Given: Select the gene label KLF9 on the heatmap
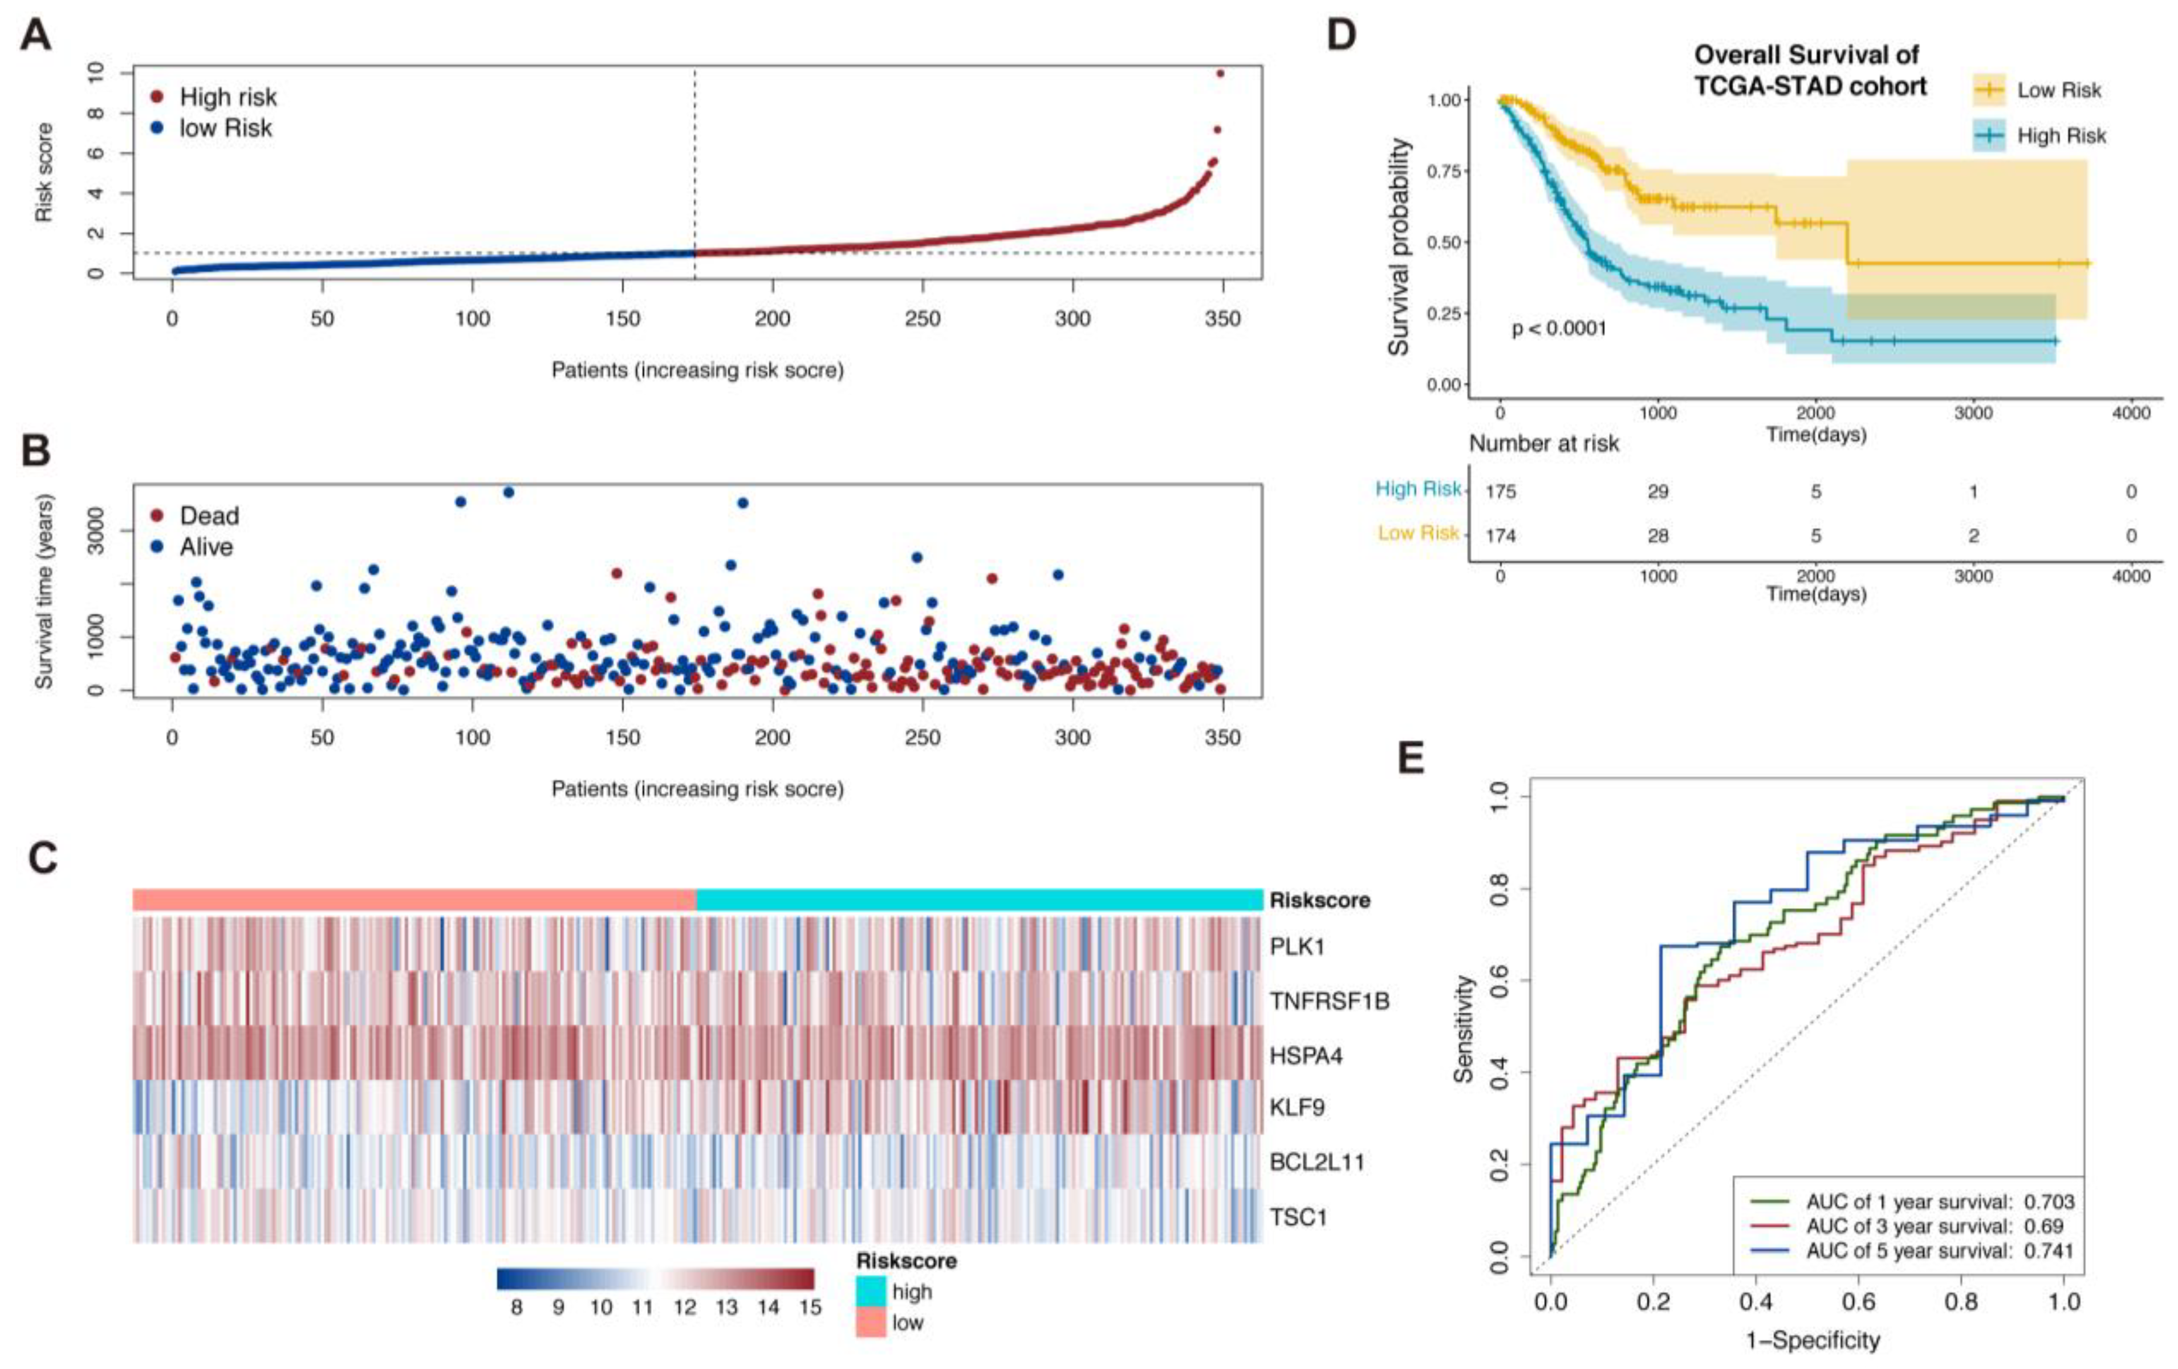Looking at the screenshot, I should click(1297, 1108).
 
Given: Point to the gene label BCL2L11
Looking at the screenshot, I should click(1316, 1162).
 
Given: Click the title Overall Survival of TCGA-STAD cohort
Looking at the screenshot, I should click(1809, 71).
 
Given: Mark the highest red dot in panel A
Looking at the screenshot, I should click(1220, 73).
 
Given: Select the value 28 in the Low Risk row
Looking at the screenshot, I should click(1658, 536).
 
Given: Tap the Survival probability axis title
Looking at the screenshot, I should click(1399, 246).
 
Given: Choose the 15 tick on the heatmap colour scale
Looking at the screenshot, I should click(810, 1307).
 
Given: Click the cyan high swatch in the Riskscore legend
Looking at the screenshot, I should click(871, 1292).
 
